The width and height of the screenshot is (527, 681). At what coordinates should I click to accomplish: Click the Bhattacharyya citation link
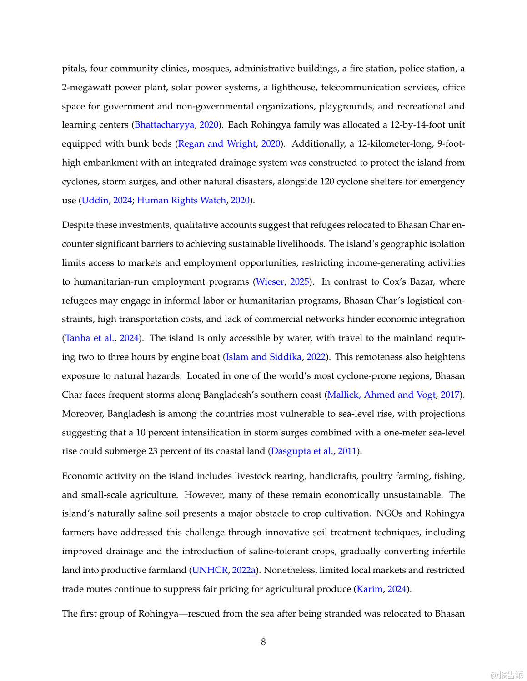(164, 125)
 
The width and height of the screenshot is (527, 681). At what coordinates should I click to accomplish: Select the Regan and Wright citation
(217, 144)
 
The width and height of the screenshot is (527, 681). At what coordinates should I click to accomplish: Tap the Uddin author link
(95, 200)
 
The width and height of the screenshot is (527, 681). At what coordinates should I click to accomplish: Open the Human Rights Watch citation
(181, 200)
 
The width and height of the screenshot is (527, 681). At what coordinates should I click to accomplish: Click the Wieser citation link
(270, 281)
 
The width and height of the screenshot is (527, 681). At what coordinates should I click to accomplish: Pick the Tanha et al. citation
(90, 338)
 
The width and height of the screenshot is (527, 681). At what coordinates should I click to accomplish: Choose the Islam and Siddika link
(264, 357)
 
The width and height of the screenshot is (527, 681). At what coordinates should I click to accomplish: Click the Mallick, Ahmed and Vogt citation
(381, 395)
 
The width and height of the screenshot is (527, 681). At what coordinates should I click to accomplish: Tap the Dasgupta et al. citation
(301, 451)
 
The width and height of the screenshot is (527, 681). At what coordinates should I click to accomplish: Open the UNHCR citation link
(210, 570)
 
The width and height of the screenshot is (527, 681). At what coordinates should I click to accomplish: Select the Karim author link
(370, 589)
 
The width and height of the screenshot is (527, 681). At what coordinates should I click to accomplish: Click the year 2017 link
(450, 395)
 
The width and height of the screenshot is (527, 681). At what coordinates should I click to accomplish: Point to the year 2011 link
(347, 451)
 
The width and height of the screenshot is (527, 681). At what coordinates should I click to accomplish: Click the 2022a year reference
(244, 570)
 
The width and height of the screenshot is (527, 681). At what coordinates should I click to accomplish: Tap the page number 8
(263, 642)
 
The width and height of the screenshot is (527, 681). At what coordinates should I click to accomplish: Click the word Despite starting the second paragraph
(77, 225)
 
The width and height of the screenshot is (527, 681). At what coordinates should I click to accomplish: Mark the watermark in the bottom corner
(507, 675)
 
